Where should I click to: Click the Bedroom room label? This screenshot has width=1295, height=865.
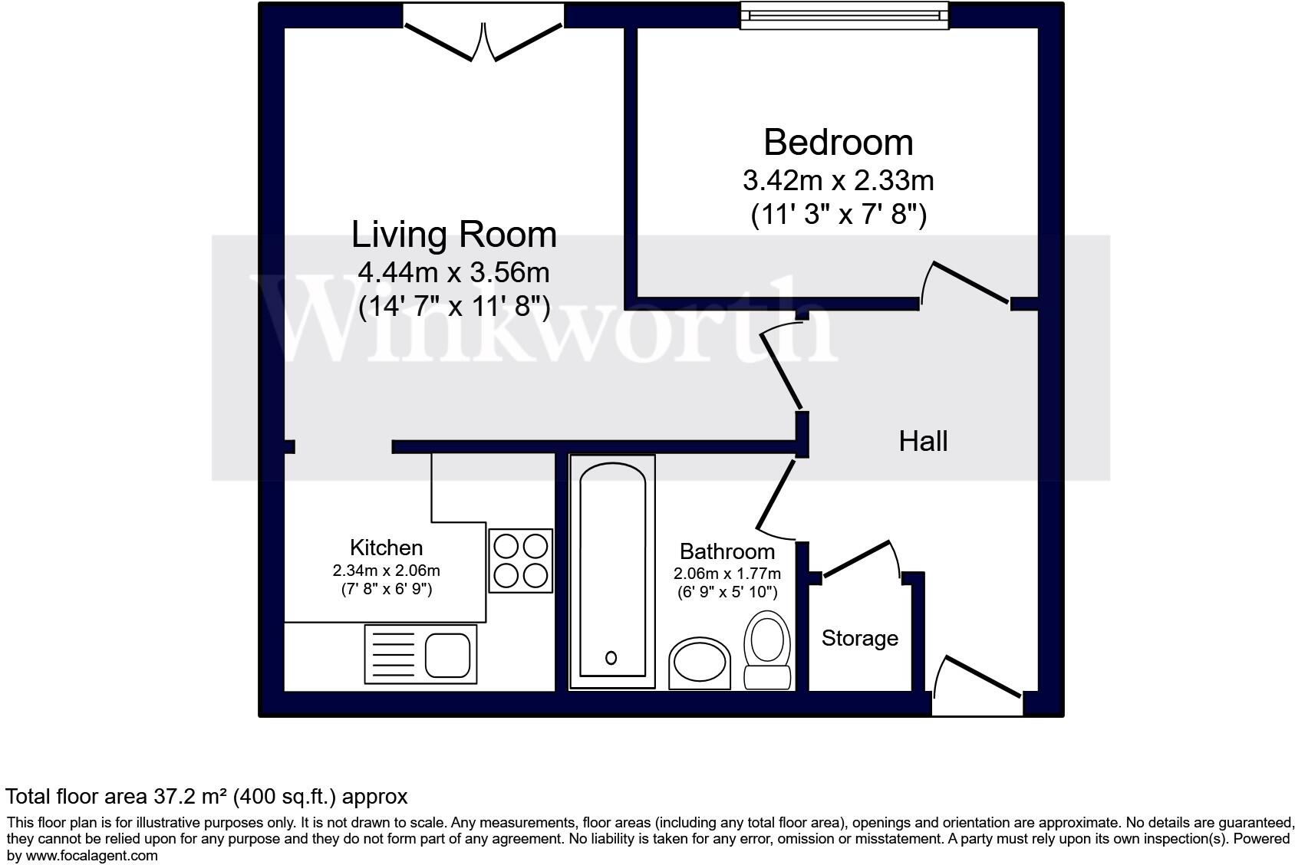click(x=838, y=143)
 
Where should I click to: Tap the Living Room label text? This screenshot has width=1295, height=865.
click(x=453, y=235)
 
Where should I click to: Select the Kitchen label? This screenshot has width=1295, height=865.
click(x=386, y=548)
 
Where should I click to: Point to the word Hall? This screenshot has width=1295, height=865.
click(x=923, y=441)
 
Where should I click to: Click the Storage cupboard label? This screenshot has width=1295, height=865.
click(x=859, y=638)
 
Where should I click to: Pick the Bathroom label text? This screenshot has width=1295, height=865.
click(x=727, y=551)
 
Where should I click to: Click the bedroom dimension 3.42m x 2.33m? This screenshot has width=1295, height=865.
click(x=838, y=181)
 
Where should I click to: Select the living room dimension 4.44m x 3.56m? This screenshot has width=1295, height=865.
click(x=453, y=272)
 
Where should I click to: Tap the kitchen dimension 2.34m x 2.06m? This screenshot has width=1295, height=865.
click(x=386, y=571)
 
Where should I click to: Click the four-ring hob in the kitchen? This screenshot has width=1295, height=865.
click(x=521, y=561)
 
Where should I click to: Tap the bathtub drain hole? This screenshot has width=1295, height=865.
click(x=611, y=657)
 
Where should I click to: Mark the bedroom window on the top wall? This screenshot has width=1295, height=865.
click(x=844, y=16)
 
